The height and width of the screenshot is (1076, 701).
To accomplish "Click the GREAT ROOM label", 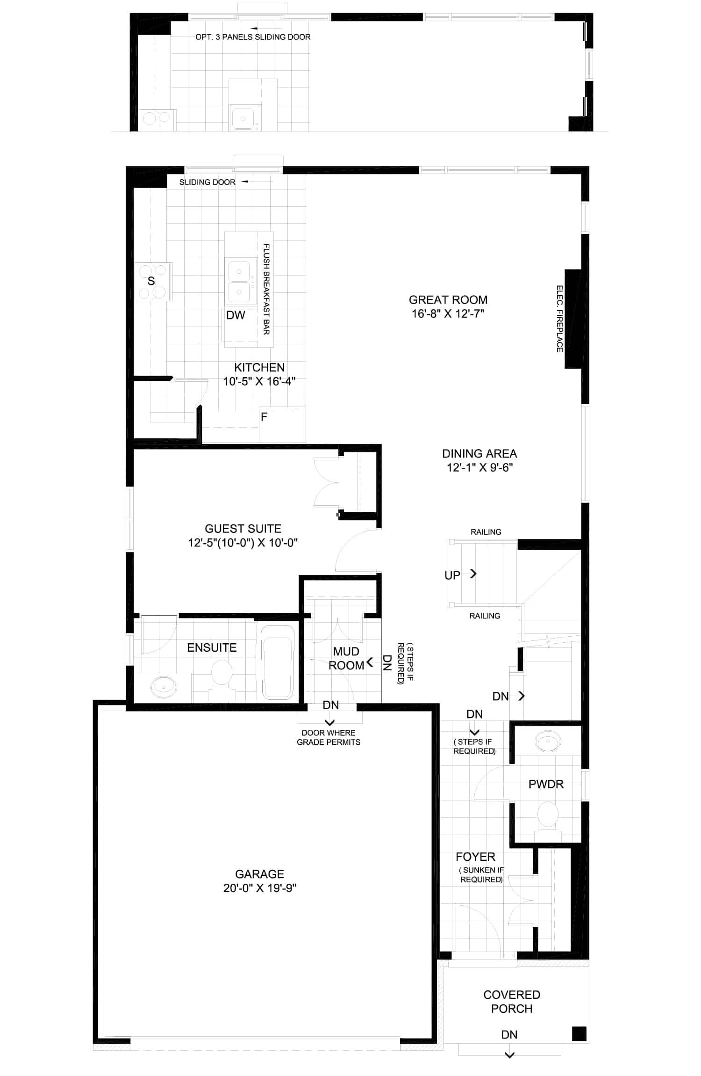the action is [x=448, y=300].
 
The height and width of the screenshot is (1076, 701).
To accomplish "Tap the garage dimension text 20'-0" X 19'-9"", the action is [x=260, y=888].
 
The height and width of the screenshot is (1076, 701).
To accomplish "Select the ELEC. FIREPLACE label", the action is [x=559, y=319].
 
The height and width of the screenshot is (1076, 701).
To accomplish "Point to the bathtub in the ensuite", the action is [x=278, y=662].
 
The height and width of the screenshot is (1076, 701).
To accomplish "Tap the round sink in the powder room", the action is [x=548, y=742].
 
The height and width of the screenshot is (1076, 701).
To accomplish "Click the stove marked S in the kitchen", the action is [x=153, y=281].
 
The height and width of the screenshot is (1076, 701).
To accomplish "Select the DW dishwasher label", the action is [x=236, y=315].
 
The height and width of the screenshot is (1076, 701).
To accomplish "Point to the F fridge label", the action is [x=264, y=416].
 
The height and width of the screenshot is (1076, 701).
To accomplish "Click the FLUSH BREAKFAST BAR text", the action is [x=266, y=289].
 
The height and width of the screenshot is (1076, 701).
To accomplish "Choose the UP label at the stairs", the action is [x=452, y=575].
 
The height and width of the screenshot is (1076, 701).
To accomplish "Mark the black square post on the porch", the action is [x=579, y=1033].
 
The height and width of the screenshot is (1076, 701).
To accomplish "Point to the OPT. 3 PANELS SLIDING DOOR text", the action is [x=253, y=37].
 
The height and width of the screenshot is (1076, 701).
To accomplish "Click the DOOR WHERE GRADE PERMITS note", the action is [x=329, y=737].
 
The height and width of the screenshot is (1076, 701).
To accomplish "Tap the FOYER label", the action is [x=475, y=857].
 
